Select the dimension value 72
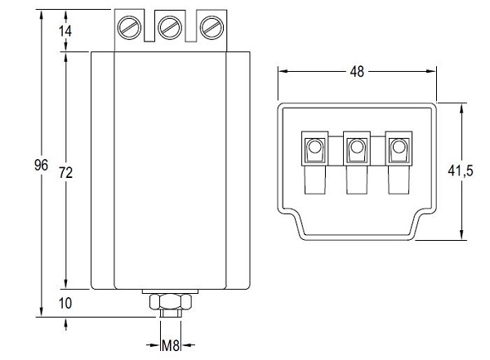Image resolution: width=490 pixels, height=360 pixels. click(x=67, y=172)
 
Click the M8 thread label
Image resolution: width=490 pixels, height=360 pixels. click(x=171, y=345)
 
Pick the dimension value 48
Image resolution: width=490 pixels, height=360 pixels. click(x=357, y=72)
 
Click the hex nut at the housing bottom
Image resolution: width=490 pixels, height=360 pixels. click(x=170, y=302)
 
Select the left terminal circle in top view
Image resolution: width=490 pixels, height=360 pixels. click(x=314, y=149)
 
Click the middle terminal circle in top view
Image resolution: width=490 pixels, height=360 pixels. click(x=356, y=149)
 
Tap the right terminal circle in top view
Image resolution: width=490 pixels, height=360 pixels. click(x=398, y=149)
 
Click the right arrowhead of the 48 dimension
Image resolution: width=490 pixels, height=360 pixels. click(x=434, y=72)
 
